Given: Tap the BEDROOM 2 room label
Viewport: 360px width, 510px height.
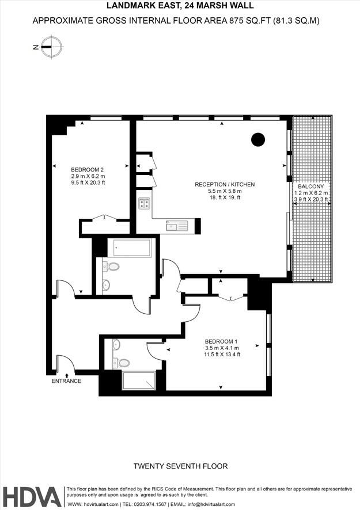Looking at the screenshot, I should pyautogui.click(x=87, y=169).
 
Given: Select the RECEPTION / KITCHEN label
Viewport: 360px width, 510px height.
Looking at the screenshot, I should pyautogui.click(x=225, y=184).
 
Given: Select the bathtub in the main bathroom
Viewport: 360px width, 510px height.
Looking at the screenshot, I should pyautogui.click(x=132, y=249).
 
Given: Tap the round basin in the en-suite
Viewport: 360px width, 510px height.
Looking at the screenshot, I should pyautogui.click(x=116, y=345).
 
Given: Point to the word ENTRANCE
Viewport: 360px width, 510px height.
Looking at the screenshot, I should pyautogui.click(x=66, y=381).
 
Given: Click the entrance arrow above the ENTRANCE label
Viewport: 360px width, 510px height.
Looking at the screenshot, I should pyautogui.click(x=67, y=375).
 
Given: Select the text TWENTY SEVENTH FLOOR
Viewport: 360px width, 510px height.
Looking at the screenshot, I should pyautogui.click(x=180, y=466).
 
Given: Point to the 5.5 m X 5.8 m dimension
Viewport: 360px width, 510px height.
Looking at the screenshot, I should pyautogui.click(x=225, y=191).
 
